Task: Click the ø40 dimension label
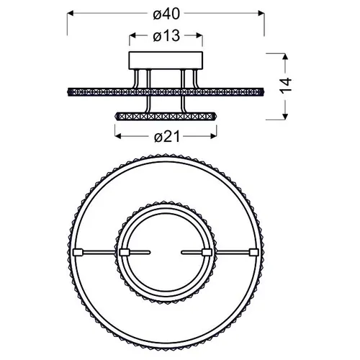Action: (x=166, y=14)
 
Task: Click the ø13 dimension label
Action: (x=166, y=36)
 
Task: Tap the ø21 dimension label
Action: (x=167, y=137)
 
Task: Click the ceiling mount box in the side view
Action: (x=166, y=60)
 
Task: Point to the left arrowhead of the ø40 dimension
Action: (x=70, y=13)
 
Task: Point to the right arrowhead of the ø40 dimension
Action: (x=261, y=13)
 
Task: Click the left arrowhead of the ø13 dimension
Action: (x=132, y=36)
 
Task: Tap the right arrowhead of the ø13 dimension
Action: (x=199, y=36)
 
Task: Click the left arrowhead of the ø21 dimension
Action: (x=118, y=136)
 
